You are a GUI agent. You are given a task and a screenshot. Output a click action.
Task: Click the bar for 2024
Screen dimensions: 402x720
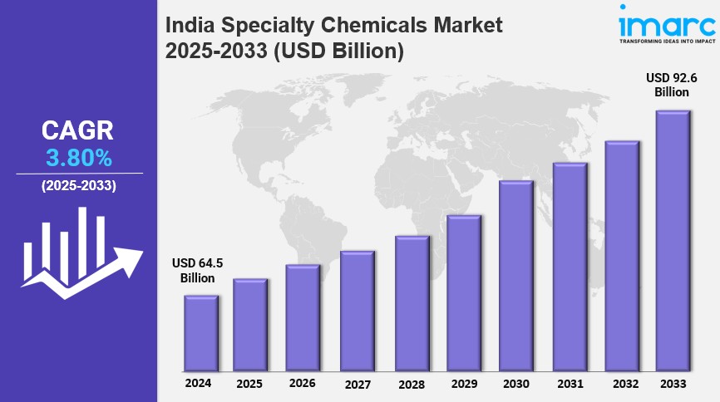200,333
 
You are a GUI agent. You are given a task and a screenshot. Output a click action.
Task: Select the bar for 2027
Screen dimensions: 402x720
357,311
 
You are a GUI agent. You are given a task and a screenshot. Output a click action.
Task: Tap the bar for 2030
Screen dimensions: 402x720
515,276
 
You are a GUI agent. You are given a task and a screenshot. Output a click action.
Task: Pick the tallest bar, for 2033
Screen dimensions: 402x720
673,241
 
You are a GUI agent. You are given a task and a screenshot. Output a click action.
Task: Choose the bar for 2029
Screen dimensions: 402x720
463,293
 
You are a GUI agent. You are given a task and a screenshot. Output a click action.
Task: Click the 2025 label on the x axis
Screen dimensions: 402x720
249,385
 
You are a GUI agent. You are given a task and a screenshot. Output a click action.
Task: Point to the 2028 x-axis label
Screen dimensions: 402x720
412,385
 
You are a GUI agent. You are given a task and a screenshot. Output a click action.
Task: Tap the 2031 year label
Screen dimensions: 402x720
570,385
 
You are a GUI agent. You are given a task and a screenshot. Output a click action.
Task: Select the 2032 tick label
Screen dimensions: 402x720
622,385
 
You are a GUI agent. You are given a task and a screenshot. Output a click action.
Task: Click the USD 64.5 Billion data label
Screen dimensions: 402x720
197,271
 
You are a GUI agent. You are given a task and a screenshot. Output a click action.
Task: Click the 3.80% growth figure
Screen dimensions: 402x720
78,157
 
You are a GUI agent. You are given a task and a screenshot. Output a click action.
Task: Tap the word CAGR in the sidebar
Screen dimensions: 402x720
78,130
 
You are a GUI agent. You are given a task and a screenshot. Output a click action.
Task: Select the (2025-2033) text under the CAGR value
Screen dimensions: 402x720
79,185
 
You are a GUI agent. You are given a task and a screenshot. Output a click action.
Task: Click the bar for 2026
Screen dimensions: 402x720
303,318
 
